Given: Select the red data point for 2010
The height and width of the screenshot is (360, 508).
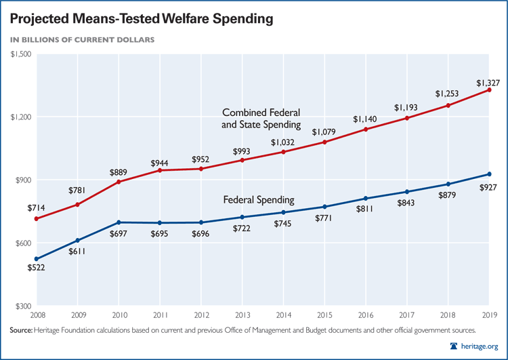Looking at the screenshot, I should point(119,182).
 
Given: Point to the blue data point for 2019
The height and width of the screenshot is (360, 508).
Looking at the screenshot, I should point(489,174).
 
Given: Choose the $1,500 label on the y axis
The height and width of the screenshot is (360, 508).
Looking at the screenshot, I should point(20,54).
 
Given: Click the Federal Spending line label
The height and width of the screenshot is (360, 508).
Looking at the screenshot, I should point(259,200).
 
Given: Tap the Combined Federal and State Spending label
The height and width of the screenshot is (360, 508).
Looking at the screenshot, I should point(261,118).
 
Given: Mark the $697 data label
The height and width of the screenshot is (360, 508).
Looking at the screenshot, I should point(119,235).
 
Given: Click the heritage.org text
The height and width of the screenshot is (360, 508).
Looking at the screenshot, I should point(482,346).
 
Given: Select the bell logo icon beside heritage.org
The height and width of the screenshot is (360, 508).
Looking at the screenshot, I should point(454,346).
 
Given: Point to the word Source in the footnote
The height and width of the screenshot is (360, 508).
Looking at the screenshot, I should point(25,330).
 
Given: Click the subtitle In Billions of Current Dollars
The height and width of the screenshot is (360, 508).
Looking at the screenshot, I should point(82,39).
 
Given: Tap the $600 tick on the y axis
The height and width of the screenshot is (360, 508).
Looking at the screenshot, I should point(22,243).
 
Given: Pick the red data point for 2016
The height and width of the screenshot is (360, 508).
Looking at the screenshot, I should point(365,129).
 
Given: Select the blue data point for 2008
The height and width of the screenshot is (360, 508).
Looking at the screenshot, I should point(37,259).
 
